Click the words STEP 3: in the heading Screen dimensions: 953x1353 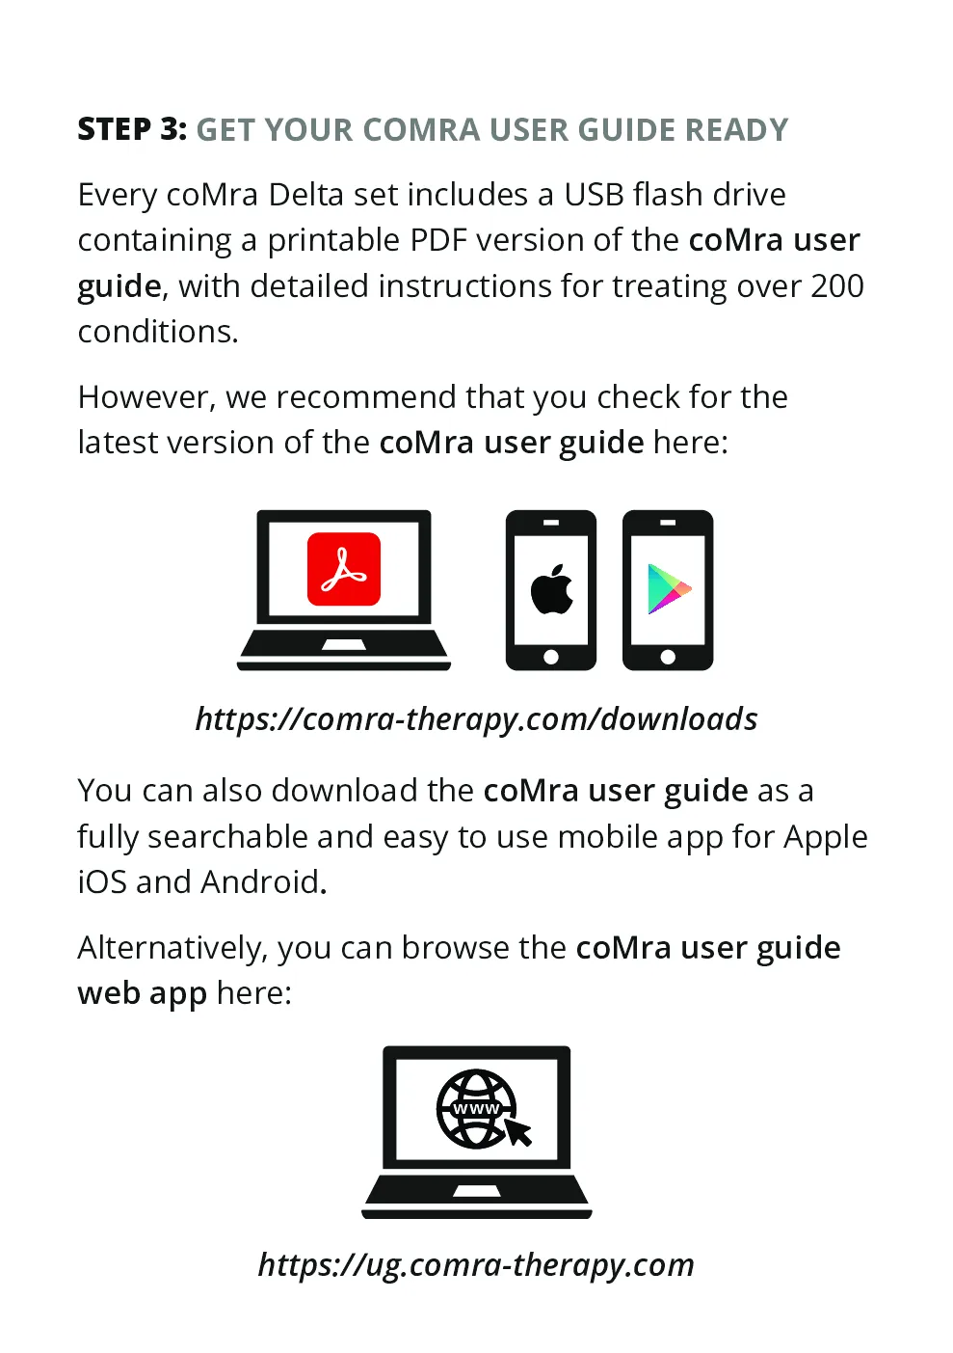coord(132,129)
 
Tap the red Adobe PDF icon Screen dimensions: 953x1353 coord(344,569)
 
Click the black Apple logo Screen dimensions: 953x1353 coord(551,589)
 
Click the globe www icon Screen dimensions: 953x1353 coord(477,1109)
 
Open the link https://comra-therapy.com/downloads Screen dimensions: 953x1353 coord(477,719)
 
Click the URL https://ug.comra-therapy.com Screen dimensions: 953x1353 coord(477,1265)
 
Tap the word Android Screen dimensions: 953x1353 coord(260,882)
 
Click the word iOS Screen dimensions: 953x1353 coord(102,882)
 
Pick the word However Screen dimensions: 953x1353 coord(143,397)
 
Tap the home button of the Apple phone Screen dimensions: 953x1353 coord(551,657)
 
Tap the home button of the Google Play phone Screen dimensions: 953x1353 coord(668,657)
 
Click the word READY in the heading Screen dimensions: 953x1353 coord(737,130)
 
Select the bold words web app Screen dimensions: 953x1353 coord(143,994)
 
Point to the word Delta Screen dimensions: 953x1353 coord(306,195)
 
